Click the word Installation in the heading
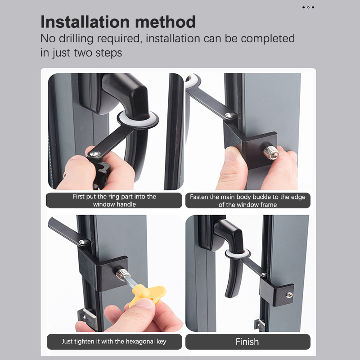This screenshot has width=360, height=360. point(85,22)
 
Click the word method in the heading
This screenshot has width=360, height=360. point(165,22)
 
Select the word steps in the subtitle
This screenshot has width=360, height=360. point(108,53)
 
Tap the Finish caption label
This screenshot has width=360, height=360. point(247,342)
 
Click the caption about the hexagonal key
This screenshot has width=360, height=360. point(114,342)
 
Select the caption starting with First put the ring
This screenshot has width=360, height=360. point(114,200)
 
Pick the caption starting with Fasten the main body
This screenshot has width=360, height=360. point(248,201)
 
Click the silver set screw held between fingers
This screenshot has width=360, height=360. point(271,153)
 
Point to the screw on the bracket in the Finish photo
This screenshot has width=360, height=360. point(289,295)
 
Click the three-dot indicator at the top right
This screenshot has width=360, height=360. point(308,7)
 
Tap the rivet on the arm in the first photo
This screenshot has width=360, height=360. point(95,154)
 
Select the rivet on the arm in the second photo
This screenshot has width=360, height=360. point(230,115)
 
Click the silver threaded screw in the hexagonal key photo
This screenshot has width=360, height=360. point(122,274)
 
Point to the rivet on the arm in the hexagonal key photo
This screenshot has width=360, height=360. point(84,242)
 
